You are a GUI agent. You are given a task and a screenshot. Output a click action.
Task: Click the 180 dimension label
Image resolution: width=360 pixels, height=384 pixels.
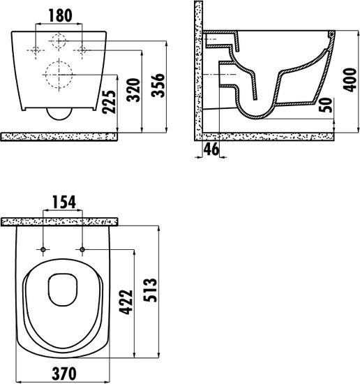point(61,15)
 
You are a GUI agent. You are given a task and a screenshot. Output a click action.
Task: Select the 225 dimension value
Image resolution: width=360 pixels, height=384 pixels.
point(109,102)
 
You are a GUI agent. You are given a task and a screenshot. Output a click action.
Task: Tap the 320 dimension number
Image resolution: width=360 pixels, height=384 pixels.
point(133,90)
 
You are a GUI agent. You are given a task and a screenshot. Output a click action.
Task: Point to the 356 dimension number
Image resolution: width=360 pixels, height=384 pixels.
point(158,85)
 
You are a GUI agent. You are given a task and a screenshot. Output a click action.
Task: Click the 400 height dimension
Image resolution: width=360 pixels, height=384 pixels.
point(350,80)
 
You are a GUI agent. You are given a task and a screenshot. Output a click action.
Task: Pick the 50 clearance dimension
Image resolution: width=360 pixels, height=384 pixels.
point(327,105)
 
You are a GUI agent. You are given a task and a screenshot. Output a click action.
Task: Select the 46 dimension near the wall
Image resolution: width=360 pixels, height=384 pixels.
point(211,149)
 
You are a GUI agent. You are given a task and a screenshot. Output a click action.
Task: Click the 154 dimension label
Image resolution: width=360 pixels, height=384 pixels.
point(64,202)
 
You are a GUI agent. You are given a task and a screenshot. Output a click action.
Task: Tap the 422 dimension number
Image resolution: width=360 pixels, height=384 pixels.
point(126,302)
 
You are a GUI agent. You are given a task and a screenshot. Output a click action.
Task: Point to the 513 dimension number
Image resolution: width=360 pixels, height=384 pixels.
point(150,290)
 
